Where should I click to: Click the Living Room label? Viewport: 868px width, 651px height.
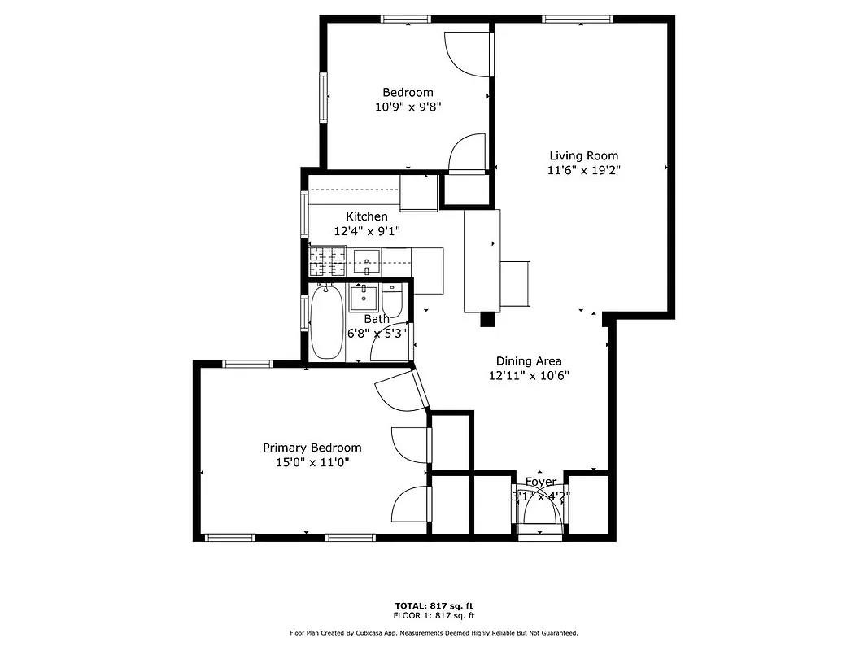pos(583,155)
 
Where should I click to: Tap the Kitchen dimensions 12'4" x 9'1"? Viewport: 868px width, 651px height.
pos(366,231)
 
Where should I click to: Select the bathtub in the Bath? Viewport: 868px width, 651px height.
pos(327,322)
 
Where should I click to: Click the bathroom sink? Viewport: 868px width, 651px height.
pos(364,297)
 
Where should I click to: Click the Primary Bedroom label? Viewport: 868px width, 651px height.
pos(312,448)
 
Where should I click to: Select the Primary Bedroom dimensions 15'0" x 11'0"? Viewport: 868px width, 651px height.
pos(312,463)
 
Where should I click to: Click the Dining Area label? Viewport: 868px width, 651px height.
pos(529,361)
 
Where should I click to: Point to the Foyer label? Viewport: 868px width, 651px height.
pos(541,482)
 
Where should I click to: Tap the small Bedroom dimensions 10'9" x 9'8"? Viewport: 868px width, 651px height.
pos(408,107)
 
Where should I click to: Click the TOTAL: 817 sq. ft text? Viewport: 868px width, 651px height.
pos(434,606)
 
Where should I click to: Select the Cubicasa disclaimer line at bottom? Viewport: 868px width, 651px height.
pos(434,632)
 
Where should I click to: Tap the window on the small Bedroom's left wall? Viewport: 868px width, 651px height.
pos(323,97)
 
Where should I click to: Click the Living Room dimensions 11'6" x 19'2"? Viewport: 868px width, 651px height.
pos(583,171)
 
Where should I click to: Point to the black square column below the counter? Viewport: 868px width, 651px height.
pos(487,320)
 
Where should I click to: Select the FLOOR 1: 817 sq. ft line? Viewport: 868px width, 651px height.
pos(434,616)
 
